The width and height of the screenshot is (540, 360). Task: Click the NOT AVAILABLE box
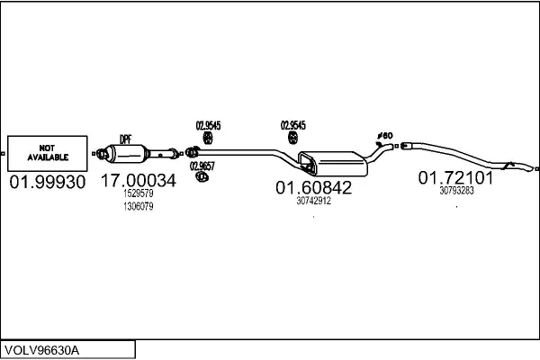(x=47, y=152)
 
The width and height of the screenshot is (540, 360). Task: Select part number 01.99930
(x=47, y=183)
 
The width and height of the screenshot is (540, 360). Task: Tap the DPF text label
(x=126, y=139)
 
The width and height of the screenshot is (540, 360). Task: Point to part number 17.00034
(x=138, y=181)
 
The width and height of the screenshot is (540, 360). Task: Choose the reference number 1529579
(x=139, y=193)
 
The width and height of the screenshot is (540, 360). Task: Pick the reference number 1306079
(x=139, y=206)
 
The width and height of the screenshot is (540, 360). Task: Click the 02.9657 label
(x=202, y=166)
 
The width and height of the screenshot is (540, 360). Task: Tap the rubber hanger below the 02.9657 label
(x=202, y=178)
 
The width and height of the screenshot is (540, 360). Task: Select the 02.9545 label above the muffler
(x=293, y=125)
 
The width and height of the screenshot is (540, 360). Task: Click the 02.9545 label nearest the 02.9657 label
(x=209, y=125)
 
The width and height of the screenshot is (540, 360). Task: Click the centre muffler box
(x=335, y=162)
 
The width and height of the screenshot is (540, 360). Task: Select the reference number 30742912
(x=313, y=201)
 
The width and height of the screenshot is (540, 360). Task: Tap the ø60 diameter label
(x=385, y=136)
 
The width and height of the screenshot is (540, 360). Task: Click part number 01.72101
(x=456, y=177)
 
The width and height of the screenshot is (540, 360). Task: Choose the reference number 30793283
(x=456, y=191)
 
